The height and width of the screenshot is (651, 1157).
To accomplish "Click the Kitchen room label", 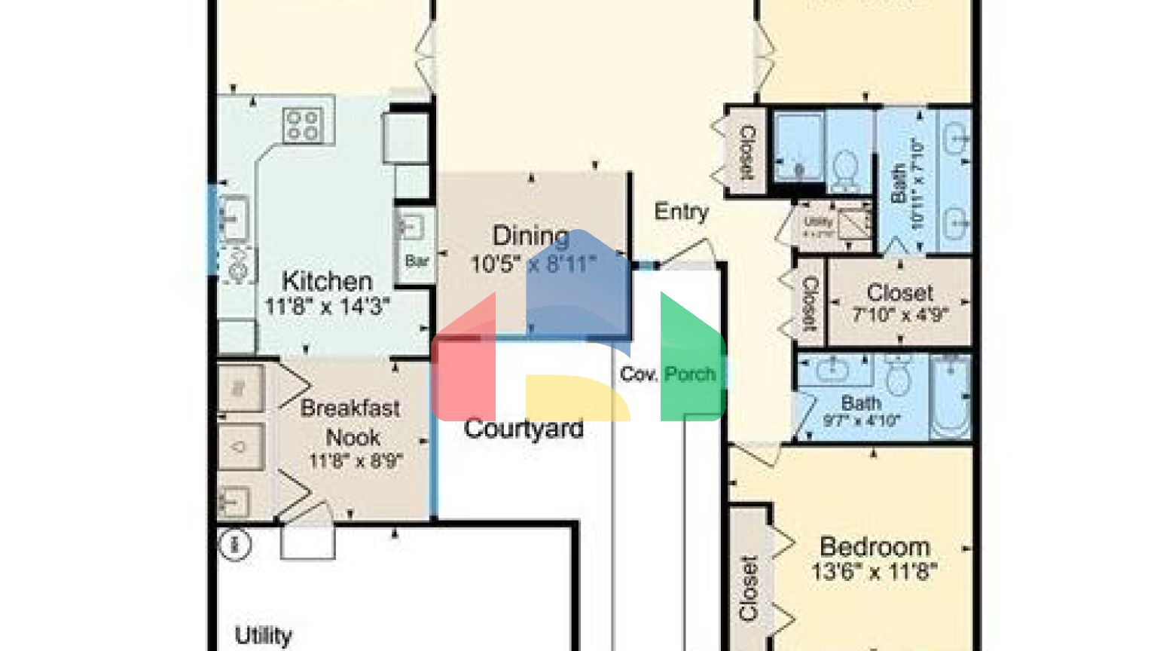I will [x=327, y=281].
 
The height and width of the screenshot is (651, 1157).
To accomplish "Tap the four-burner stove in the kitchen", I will [x=303, y=126].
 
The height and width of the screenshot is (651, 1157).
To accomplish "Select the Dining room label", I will [x=530, y=236].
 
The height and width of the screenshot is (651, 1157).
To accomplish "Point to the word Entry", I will [x=681, y=212].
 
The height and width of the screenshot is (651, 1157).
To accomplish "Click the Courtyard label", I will [x=524, y=429].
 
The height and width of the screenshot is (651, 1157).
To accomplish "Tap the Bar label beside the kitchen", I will [x=417, y=261].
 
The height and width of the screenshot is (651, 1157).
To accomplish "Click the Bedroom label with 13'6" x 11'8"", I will [x=875, y=546].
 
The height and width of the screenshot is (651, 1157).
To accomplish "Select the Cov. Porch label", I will [x=667, y=374].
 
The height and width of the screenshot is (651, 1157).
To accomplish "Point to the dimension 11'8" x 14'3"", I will [x=327, y=306].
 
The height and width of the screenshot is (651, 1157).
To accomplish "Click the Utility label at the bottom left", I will [x=263, y=635].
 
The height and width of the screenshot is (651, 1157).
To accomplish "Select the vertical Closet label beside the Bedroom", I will [x=748, y=588].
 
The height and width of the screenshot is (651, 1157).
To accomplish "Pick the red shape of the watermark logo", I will [x=464, y=369].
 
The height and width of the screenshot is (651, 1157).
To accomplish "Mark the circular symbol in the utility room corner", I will [x=234, y=543].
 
